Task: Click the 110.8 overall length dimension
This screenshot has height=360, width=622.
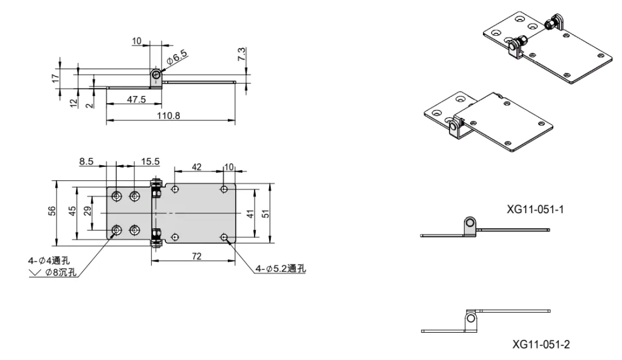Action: click(x=169, y=115)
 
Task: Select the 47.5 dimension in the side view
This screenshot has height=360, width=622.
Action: click(x=135, y=99)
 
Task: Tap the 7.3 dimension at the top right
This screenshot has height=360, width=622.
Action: click(x=242, y=53)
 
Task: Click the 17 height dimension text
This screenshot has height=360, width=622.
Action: click(x=55, y=77)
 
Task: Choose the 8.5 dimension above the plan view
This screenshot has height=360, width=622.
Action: click(x=86, y=161)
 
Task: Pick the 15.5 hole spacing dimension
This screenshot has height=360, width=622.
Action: click(x=150, y=161)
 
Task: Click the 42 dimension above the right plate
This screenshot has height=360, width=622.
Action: click(x=197, y=166)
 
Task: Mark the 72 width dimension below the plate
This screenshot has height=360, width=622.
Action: click(x=197, y=257)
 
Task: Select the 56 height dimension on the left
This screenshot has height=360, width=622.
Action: click(x=52, y=211)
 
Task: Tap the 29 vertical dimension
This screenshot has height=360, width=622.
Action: click(x=87, y=211)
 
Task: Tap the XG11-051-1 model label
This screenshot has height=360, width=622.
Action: click(x=536, y=209)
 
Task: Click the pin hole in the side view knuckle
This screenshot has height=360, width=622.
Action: click(x=157, y=75)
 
